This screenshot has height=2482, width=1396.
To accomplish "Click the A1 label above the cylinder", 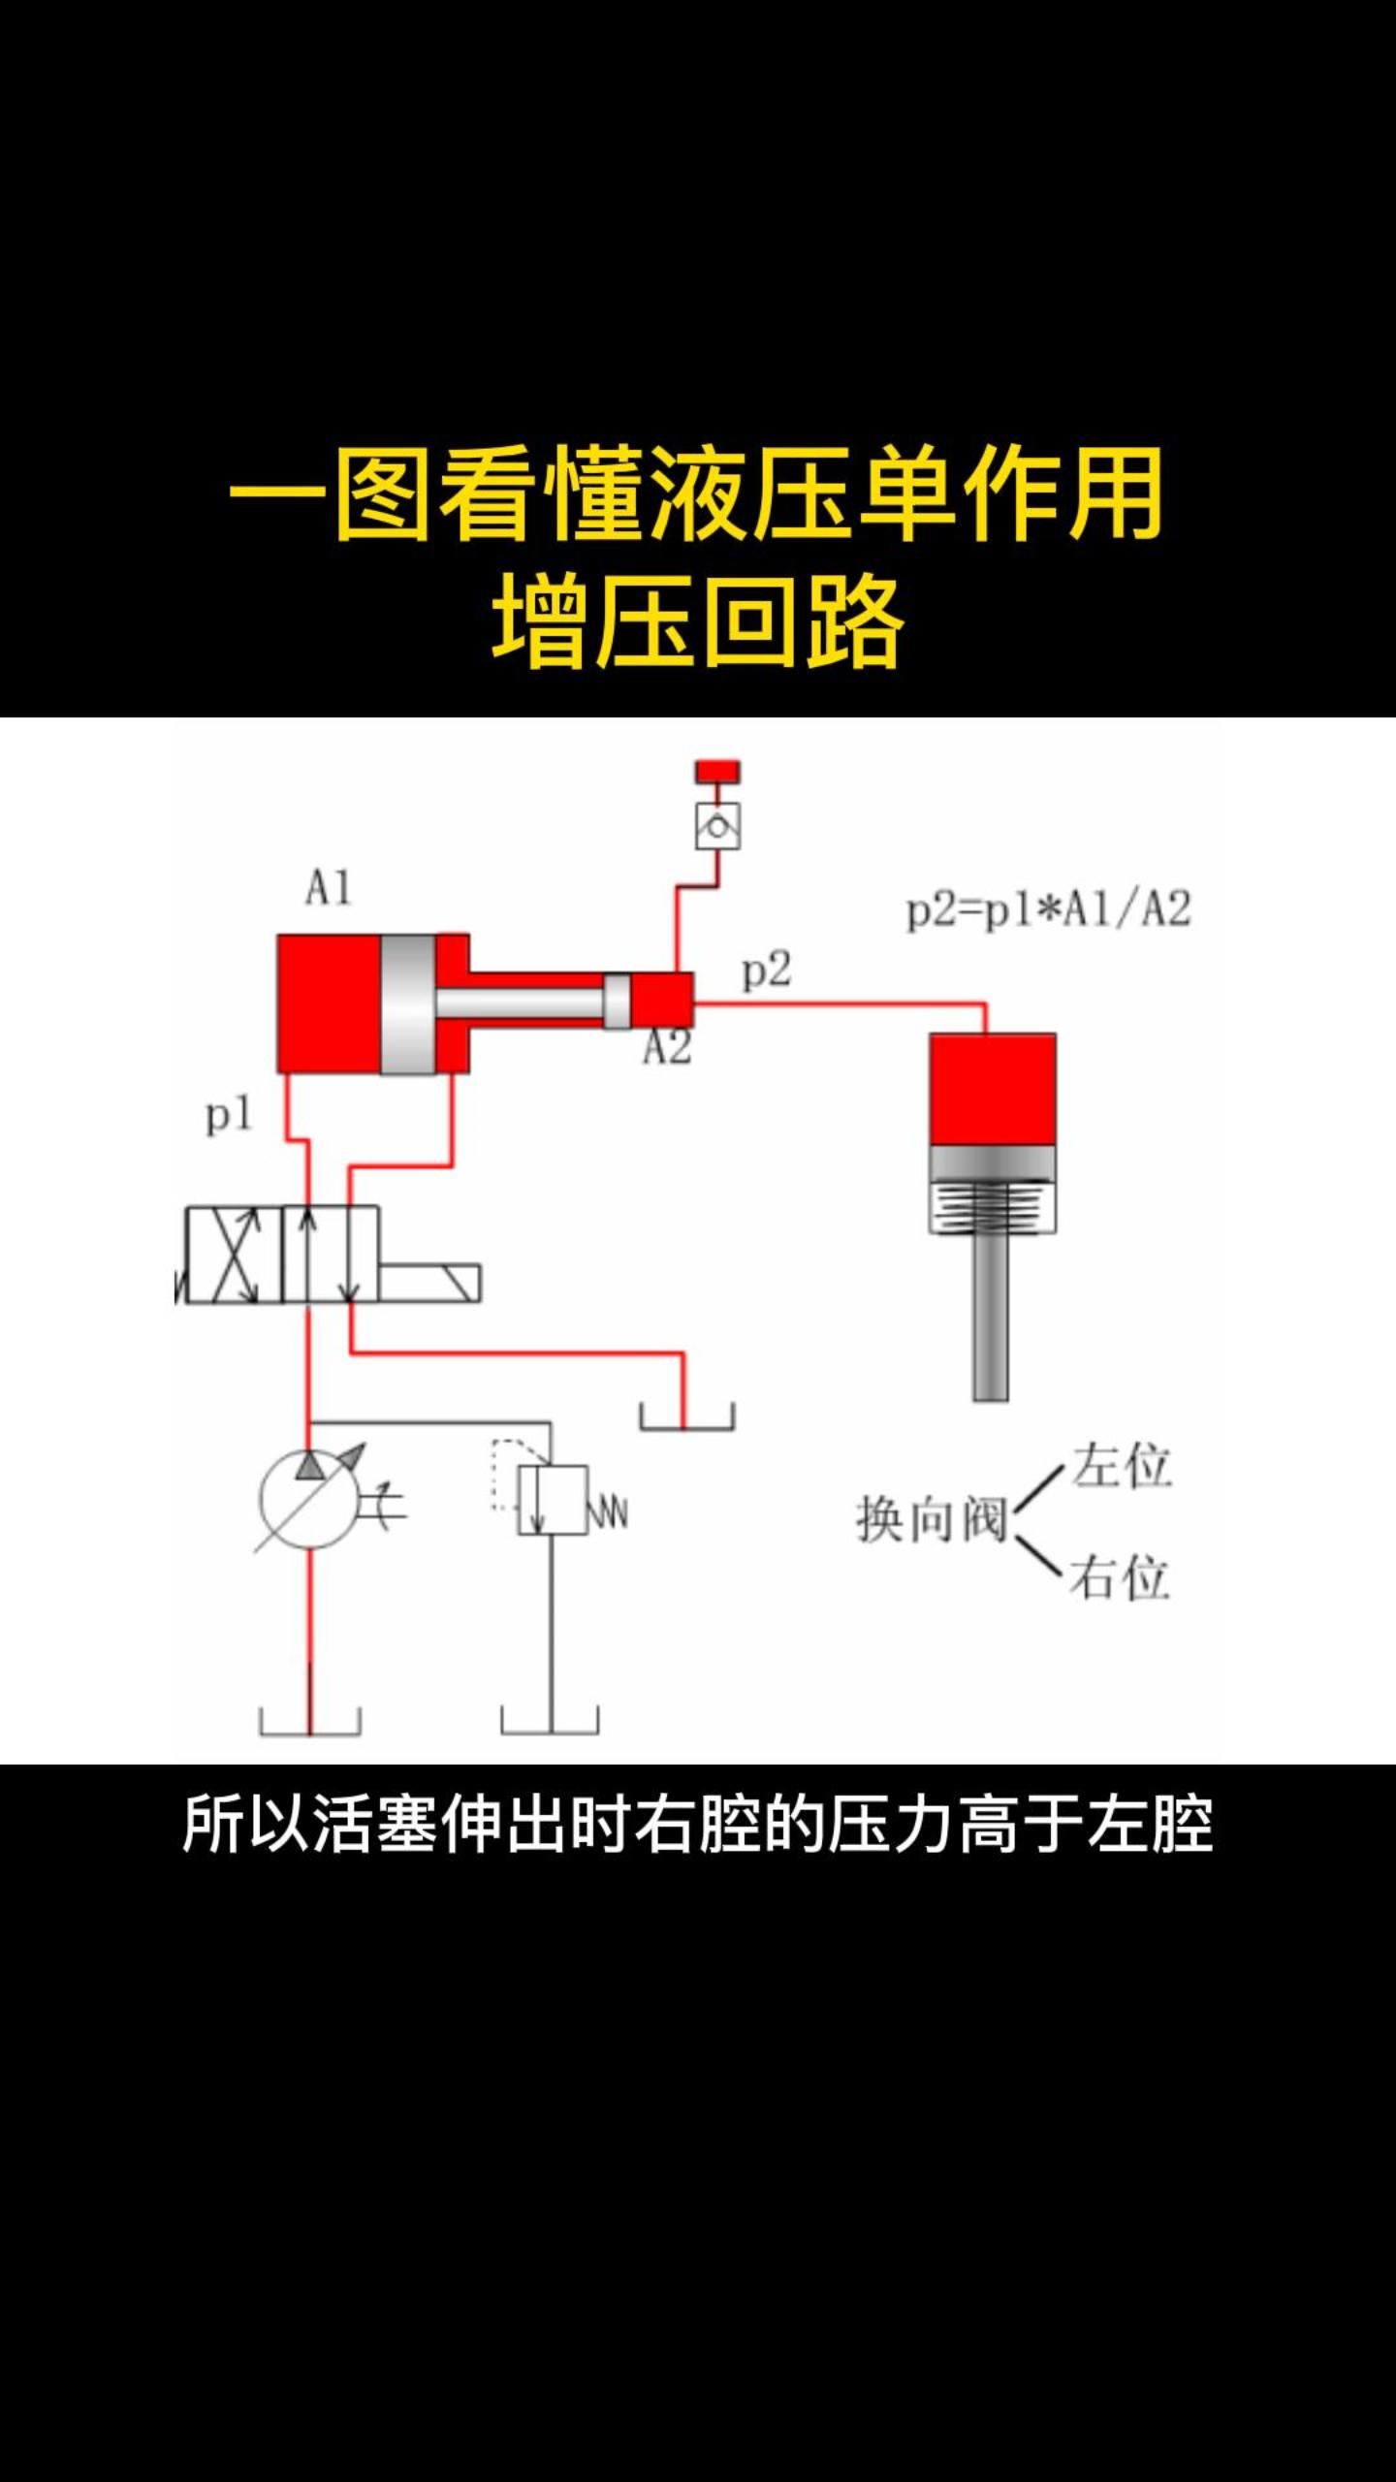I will tap(328, 888).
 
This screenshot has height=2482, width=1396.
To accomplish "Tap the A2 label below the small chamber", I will tap(667, 1048).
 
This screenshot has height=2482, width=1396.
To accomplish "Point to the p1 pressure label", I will tap(229, 1115).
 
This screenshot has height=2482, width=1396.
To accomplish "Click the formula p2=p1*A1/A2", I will tap(1048, 910).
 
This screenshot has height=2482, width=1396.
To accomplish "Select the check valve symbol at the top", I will tap(717, 827).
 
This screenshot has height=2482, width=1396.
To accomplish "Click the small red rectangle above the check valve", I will tap(717, 772).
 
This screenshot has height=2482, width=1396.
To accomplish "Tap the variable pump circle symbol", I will tap(309, 1499).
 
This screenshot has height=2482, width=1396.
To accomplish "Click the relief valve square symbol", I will tap(553, 1500).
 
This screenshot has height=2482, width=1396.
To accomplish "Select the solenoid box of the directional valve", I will tap(429, 1283).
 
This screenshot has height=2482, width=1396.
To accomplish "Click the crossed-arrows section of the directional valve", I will tap(234, 1255).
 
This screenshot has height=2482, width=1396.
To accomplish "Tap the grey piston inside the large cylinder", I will tap(407, 1004).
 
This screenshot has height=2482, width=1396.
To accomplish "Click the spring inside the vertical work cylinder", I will tap(992, 1206).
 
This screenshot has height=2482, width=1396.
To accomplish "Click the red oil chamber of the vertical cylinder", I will tap(992, 1089).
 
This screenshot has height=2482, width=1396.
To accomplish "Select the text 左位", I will tap(1122, 1465).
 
